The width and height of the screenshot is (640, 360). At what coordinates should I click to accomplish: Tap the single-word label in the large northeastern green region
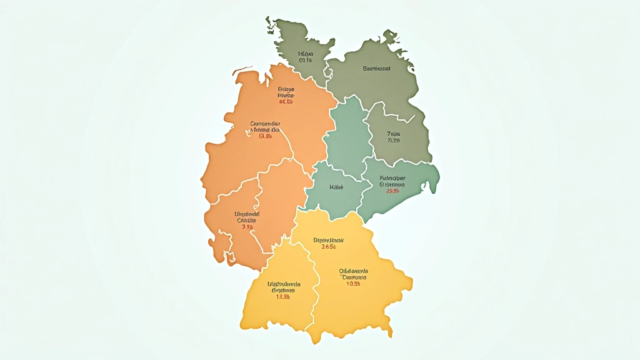click(376, 69)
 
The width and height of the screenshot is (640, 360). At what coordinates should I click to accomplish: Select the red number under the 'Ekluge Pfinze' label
click(286, 101)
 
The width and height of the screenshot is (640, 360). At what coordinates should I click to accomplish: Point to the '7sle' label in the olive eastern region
click(394, 134)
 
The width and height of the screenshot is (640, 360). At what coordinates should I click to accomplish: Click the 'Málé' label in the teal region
click(336, 187)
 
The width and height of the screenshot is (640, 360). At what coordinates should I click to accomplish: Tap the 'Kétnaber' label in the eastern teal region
click(392, 178)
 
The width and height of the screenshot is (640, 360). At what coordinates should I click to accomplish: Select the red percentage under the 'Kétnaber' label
click(392, 191)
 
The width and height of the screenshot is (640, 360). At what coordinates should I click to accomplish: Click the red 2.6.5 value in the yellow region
click(329, 246)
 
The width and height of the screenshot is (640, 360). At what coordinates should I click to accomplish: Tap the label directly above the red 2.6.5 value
click(329, 239)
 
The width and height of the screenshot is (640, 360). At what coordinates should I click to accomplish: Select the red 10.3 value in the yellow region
click(354, 284)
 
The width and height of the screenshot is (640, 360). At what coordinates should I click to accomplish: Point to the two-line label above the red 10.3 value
click(354, 274)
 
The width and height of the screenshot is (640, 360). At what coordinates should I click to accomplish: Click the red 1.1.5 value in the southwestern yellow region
click(283, 297)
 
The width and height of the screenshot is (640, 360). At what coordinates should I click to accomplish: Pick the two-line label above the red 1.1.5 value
click(284, 287)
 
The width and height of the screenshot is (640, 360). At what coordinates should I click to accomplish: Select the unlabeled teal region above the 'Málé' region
click(351, 134)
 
